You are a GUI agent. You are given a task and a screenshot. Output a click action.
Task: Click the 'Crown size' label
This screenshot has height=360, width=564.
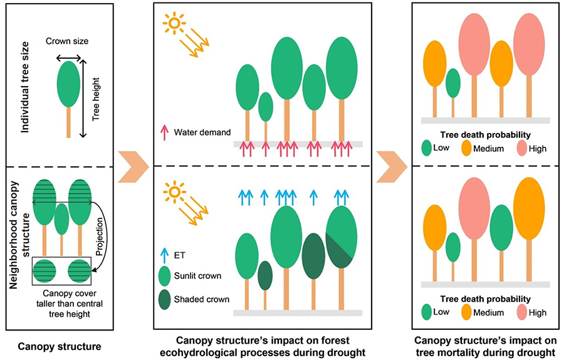point(67,41)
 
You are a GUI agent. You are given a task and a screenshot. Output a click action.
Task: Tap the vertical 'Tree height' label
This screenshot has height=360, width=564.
point(96,99)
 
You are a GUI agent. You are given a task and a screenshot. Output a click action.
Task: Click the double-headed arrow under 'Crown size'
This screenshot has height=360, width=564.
point(69,58)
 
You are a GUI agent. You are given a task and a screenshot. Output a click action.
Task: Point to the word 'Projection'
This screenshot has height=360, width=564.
point(100,236)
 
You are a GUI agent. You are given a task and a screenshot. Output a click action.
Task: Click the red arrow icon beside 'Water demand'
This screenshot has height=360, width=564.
point(165,132)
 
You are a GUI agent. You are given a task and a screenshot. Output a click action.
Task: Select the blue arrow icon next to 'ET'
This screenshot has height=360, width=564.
point(164,256)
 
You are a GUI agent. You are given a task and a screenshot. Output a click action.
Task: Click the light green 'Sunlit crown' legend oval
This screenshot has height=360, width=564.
point(164,276)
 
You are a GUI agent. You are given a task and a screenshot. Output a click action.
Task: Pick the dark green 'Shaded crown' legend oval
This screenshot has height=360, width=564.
point(164,300)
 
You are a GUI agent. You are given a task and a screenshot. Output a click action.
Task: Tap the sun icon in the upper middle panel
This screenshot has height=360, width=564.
point(174,23)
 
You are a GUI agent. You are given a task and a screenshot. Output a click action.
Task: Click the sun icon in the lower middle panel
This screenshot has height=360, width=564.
point(174,191)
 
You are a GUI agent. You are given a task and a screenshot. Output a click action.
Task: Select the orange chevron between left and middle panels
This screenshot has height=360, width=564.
point(133,167)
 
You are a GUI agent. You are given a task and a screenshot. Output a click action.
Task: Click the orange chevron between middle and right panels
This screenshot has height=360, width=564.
point(392,167)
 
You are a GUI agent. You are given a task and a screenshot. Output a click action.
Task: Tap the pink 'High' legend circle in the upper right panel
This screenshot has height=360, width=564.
point(522,148)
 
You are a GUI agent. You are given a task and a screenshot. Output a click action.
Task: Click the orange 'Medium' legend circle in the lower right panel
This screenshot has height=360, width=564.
point(466,312)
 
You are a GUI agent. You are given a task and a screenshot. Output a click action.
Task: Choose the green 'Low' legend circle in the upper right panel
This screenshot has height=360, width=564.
point(427,148)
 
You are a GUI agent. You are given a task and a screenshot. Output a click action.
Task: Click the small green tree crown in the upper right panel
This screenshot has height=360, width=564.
point(453,83)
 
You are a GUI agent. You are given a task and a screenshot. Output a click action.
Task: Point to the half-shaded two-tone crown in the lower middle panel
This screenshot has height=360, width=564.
point(342,237)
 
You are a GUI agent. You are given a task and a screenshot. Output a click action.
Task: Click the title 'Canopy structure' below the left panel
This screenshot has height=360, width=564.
point(60,347)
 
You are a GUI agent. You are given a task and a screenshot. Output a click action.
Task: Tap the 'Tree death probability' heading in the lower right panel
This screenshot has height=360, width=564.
point(485,299)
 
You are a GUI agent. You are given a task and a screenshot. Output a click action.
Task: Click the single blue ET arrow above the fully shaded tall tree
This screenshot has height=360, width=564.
point(314,198)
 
